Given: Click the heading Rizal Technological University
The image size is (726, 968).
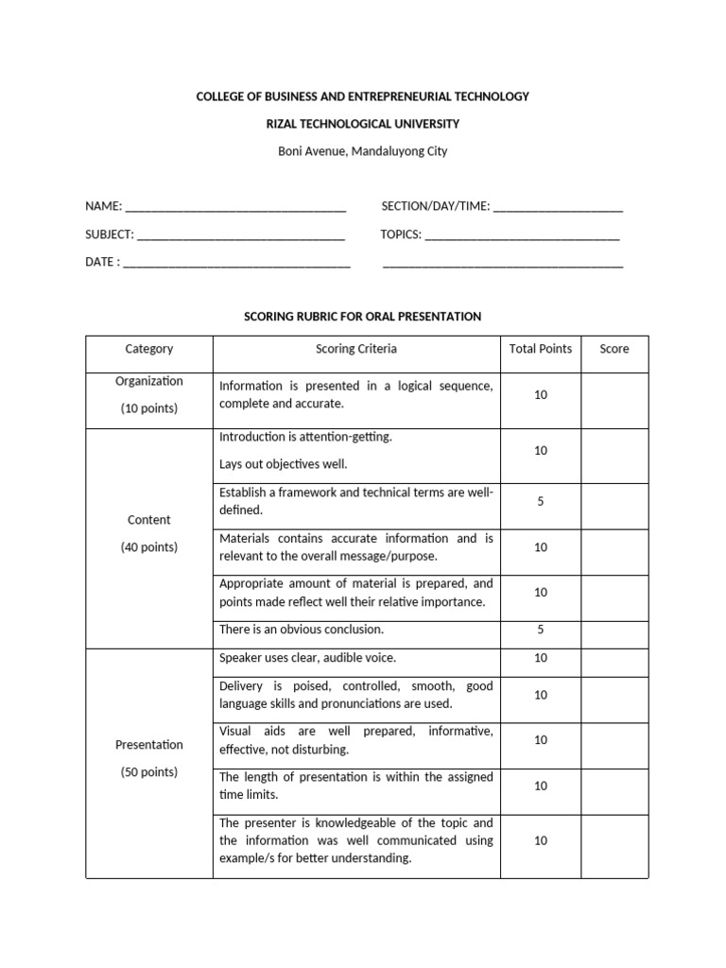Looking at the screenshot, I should click(x=362, y=124).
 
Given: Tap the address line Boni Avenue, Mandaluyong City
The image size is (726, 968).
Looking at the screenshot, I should click(x=362, y=150).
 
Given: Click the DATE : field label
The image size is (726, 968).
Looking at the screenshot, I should click(x=102, y=262).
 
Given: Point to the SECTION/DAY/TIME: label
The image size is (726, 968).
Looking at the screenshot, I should click(x=435, y=206).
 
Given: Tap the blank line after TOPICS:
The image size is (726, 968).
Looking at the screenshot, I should click(x=522, y=236).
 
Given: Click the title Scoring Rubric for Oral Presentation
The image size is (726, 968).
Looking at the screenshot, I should click(x=362, y=317).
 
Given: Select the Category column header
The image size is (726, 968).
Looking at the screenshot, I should click(x=149, y=349).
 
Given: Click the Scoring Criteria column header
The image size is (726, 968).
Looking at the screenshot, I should click(x=355, y=349).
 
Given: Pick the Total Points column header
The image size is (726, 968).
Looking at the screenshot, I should click(x=540, y=349).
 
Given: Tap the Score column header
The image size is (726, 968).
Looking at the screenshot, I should click(x=614, y=349).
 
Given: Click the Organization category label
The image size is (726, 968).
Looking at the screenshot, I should click(x=149, y=381).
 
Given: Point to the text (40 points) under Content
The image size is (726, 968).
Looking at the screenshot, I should click(x=149, y=547).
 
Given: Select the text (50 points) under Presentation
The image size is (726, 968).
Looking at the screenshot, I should click(x=149, y=772).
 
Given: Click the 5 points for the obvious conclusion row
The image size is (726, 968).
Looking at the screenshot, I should click(x=540, y=630).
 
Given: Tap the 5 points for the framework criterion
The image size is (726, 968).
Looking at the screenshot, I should click(x=540, y=502).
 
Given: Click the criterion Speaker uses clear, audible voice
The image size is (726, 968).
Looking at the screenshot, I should click(x=308, y=658).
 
